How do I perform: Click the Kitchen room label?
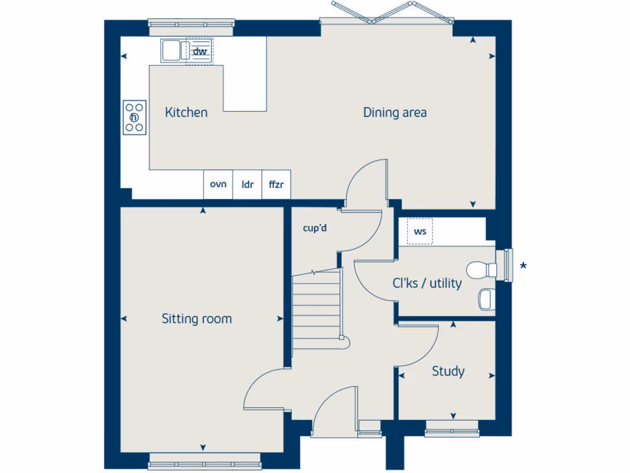[186, 112]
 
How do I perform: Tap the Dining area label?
[394, 112]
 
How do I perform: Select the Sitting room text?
[196, 318]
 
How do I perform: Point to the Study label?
[448, 371]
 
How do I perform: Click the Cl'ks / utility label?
[427, 283]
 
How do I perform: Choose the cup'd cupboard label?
[314, 228]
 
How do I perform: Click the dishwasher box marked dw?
[199, 51]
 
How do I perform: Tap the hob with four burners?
[135, 117]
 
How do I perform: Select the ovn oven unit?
[218, 184]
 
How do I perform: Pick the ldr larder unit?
[247, 184]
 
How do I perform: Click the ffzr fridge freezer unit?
[276, 184]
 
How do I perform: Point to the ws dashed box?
[420, 232]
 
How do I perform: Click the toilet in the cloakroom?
[482, 270]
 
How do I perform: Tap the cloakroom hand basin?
[485, 299]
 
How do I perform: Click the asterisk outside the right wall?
[523, 266]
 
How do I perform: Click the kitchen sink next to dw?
[173, 50]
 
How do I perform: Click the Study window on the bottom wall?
[451, 427]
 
